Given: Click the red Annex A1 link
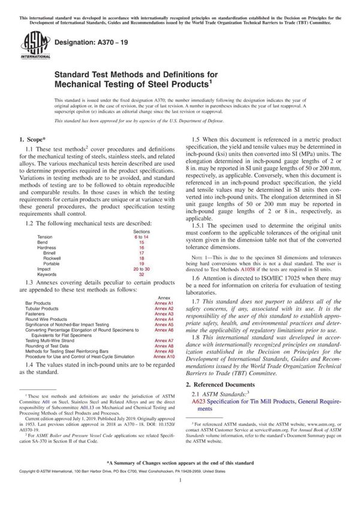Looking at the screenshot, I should pos(163,304).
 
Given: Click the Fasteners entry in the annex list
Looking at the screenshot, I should pos(37,314).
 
